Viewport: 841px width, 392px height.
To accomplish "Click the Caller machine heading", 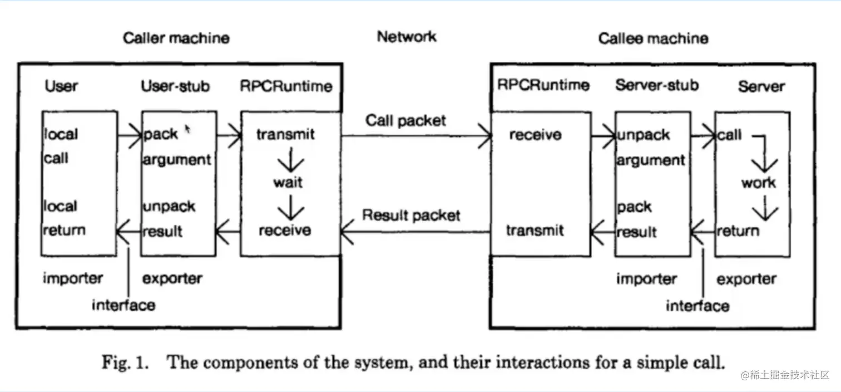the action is point(176,38).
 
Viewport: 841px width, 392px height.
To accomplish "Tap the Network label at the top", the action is point(407,36).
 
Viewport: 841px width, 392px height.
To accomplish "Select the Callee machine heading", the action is point(653,38).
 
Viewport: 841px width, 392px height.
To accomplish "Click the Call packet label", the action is point(405,121).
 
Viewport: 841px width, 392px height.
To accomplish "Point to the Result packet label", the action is point(410,215).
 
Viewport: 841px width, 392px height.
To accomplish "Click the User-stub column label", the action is point(175,86).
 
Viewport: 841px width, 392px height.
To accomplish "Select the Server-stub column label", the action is point(657,85).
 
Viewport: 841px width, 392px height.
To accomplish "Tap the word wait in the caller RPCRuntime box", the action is point(288,182).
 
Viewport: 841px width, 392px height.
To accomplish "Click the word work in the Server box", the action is point(759,183).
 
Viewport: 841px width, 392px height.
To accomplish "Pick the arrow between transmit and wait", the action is point(290,160).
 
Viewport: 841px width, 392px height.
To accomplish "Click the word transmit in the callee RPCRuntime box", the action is point(535,231).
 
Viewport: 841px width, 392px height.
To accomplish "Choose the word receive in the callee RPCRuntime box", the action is point(536,135).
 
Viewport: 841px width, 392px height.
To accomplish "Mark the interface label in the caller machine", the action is point(123,305).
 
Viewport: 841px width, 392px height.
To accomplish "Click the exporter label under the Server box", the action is point(746,280).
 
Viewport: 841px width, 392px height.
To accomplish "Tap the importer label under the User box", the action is point(73,278).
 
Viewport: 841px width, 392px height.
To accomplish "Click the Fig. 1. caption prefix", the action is point(126,362).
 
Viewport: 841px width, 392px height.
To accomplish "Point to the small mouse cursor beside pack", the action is point(187,129).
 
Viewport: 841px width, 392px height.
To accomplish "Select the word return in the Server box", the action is point(738,231).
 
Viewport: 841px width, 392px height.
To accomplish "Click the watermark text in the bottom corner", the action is point(785,375).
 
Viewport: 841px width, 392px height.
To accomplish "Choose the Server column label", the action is point(761,86).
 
